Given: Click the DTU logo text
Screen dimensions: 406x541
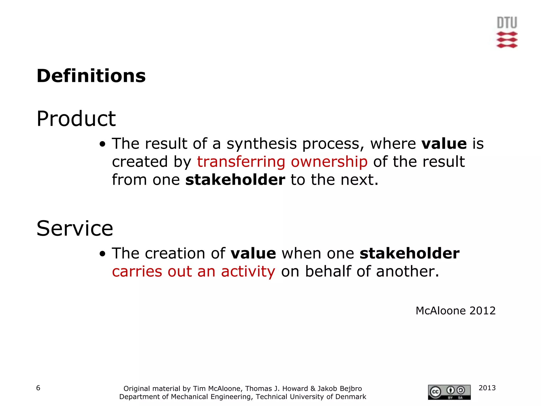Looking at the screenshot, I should tap(507, 23).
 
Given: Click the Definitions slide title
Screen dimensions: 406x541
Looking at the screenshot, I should tap(91, 76).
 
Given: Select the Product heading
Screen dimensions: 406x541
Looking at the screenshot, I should tap(76, 119).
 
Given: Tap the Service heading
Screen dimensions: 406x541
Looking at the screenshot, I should tap(75, 228).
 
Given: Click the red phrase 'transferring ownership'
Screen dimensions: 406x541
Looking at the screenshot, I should tap(282, 162).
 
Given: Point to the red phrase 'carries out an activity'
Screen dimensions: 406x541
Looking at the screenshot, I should tap(193, 271).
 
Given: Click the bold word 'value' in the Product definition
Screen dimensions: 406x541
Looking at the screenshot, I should tap(444, 144).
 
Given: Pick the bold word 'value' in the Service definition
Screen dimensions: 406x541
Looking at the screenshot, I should tap(253, 253).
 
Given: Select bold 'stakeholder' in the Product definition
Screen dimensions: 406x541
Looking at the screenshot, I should tap(235, 180).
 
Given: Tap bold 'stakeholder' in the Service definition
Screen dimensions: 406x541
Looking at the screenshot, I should tap(409, 253).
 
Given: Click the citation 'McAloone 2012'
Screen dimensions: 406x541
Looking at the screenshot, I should tap(455, 311).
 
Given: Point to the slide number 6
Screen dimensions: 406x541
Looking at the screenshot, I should tap(38, 388).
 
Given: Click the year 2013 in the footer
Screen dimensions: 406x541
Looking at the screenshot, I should tap(487, 388).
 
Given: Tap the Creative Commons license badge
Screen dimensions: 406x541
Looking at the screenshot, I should tap(449, 392).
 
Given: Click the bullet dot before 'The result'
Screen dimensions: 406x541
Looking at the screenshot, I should tap(102, 144).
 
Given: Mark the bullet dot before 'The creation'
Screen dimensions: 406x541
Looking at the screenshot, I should tap(102, 254).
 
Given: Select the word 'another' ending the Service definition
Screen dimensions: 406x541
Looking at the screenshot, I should tap(407, 271).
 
